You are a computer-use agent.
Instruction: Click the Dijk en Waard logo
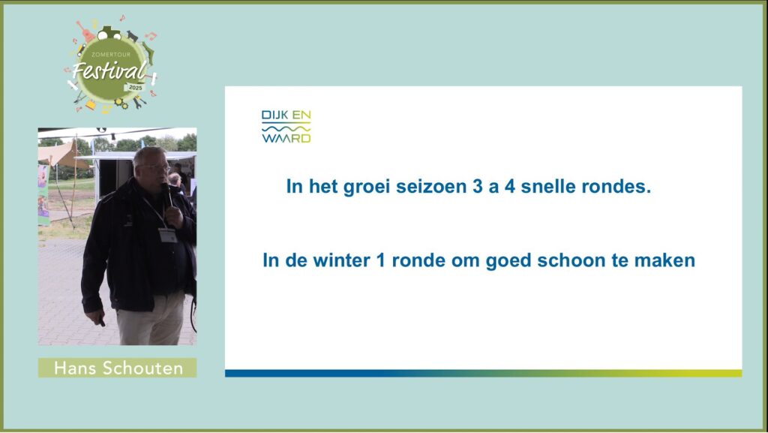tap(286, 126)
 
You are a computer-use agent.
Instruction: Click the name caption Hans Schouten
tap(118, 368)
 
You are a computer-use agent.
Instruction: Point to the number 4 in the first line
tap(510, 187)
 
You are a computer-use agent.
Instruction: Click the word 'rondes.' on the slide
tap(616, 187)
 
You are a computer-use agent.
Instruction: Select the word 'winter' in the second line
tap(341, 260)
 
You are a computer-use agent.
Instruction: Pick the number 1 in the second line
tap(380, 260)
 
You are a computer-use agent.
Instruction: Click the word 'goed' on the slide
tap(508, 261)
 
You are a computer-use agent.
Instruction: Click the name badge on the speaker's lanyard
tap(167, 235)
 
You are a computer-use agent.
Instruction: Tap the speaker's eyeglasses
tap(154, 168)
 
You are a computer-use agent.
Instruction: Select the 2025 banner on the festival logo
tap(135, 88)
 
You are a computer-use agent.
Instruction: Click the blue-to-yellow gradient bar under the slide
tap(484, 373)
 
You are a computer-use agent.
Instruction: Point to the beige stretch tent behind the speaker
tap(58, 155)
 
